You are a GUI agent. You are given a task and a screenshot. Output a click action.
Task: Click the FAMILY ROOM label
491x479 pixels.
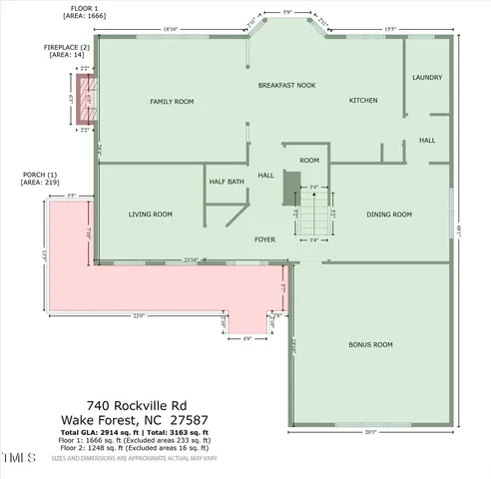(x=171, y=102)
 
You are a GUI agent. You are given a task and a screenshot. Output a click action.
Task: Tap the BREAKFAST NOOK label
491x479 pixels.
(x=286, y=86)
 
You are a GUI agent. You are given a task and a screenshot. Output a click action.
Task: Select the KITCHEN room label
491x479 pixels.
(x=361, y=102)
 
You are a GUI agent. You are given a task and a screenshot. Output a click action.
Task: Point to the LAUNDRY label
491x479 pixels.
(x=427, y=77)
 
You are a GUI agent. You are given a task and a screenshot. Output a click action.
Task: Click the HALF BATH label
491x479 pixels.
(x=227, y=182)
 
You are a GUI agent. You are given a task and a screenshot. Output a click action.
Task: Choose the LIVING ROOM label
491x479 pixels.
(x=151, y=214)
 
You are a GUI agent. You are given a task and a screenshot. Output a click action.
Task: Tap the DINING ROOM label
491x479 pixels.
(x=389, y=214)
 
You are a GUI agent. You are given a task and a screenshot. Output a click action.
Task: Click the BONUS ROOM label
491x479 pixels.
(x=369, y=344)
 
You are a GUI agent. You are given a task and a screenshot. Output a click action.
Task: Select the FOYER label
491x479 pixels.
(x=264, y=239)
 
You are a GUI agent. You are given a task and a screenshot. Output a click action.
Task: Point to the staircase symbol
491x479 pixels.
(x=312, y=212)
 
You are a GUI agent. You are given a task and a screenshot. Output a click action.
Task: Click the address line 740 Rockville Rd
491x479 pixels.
(x=137, y=405)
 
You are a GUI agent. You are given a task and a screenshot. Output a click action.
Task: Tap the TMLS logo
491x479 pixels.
(x=18, y=458)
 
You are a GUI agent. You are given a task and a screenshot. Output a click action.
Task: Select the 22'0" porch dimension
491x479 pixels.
(x=139, y=316)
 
